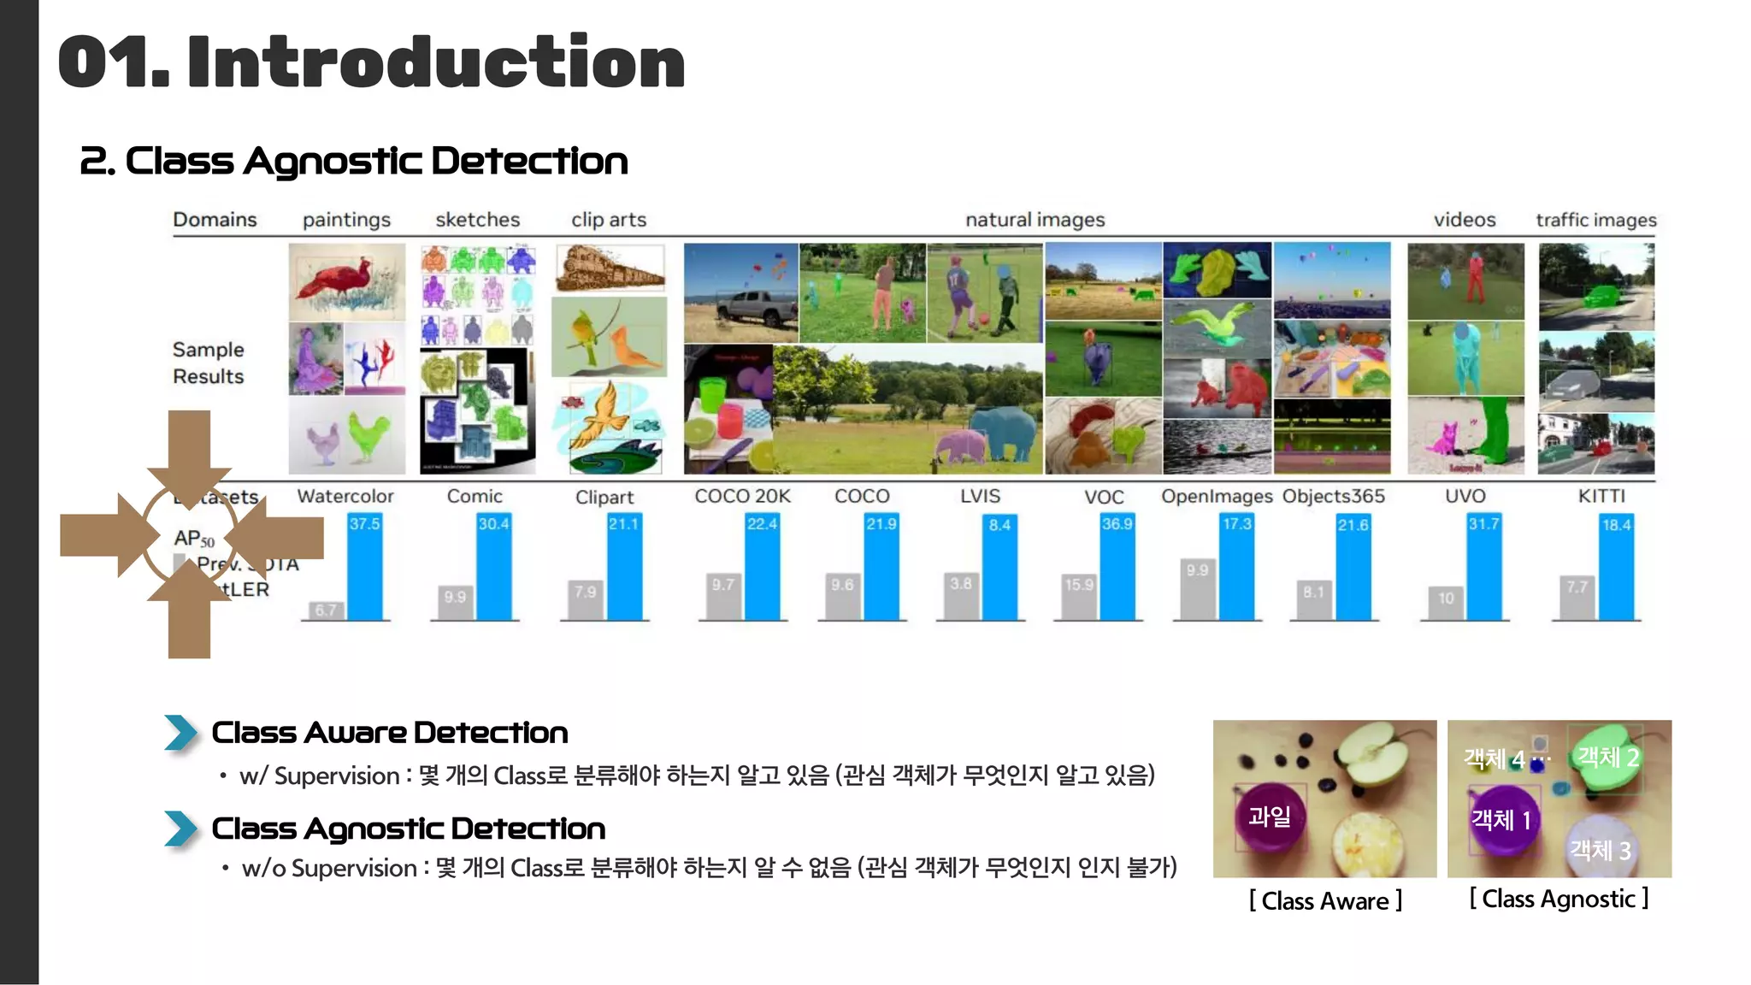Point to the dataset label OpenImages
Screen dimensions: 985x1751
click(x=1217, y=497)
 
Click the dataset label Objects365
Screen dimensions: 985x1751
click(x=1333, y=497)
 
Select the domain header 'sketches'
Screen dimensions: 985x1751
click(x=477, y=220)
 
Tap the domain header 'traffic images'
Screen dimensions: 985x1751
click(x=1595, y=220)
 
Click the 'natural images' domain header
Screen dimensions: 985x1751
click(x=1035, y=220)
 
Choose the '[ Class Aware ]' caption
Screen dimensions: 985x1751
click(x=1325, y=900)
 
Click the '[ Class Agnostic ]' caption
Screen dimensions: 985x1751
click(x=1559, y=899)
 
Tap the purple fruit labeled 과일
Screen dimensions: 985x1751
click(x=1270, y=817)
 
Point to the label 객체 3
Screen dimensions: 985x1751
click(x=1600, y=850)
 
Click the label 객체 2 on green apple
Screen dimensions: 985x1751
click(x=1607, y=757)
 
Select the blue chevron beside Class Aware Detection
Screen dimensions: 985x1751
click(x=181, y=733)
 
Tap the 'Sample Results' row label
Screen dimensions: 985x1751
click(x=208, y=363)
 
